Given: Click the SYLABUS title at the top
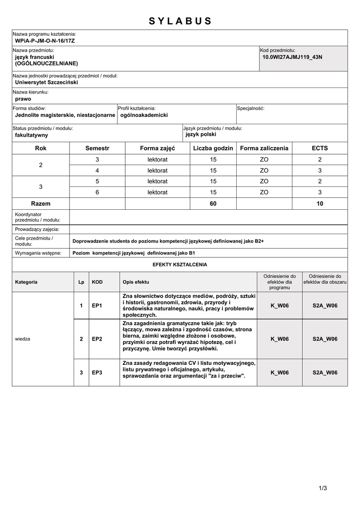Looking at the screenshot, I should click(x=180, y=21).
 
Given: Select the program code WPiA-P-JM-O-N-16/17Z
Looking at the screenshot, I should click(x=45, y=40).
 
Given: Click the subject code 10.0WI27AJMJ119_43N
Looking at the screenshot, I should click(x=292, y=57).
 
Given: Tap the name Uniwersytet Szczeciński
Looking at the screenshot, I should click(x=47, y=83).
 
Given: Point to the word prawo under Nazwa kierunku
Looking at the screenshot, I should click(x=23, y=99).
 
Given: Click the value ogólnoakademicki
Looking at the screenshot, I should click(x=144, y=115).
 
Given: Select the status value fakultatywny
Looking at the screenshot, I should click(x=31, y=135).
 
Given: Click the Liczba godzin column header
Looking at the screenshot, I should click(x=213, y=148).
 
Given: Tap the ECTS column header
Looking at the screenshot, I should click(x=320, y=148).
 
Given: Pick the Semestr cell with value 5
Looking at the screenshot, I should click(x=97, y=181).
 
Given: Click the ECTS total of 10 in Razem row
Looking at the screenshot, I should click(x=320, y=203).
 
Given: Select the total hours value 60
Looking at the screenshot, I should click(x=213, y=203).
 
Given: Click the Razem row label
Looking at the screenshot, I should click(x=41, y=203).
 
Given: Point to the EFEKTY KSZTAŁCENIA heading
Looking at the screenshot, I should click(x=180, y=264).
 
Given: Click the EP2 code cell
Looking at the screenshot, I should click(x=97, y=339).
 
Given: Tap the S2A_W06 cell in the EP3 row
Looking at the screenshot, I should click(x=325, y=372).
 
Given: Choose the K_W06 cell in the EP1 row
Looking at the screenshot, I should click(x=279, y=305).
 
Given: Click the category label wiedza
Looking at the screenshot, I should click(x=23, y=339).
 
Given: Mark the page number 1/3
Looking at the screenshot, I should click(x=323, y=488).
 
